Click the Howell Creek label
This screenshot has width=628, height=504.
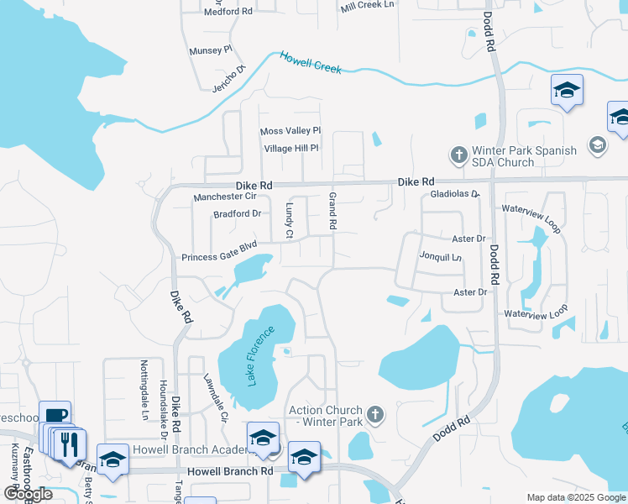tap(311, 63)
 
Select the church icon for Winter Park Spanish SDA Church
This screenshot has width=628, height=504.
tap(458, 155)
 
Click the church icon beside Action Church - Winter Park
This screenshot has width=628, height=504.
tap(374, 414)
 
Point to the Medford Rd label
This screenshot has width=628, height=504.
tap(228, 12)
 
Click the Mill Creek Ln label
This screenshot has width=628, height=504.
tap(368, 6)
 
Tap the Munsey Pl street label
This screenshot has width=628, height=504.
tap(210, 50)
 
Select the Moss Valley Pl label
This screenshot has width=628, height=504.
tap(290, 131)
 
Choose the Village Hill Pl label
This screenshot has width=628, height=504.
tap(291, 148)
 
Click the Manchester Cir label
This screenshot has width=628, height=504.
tap(224, 197)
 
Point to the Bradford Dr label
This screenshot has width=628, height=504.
tap(238, 213)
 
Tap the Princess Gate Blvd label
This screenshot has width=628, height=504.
tap(219, 257)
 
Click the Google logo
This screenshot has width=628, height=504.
tap(28, 494)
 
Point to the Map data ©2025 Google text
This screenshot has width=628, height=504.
tap(575, 497)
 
